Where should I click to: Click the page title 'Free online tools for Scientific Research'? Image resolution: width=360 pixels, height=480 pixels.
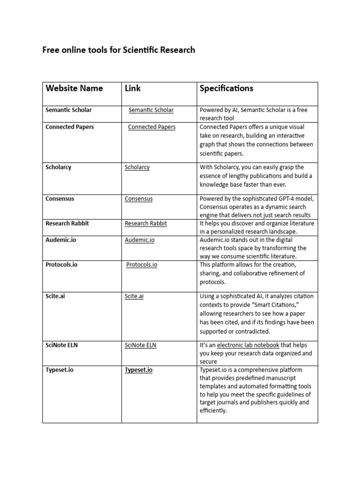[x=119, y=50]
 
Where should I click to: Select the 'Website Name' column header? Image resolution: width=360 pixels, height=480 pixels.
[x=74, y=88]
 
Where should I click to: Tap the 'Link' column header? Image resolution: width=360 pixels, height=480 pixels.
[x=133, y=88]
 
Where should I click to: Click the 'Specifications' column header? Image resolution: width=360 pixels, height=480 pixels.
[x=226, y=88]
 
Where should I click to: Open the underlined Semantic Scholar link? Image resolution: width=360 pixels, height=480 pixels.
[x=151, y=110]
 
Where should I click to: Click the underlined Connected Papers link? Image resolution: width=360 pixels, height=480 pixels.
[x=151, y=127]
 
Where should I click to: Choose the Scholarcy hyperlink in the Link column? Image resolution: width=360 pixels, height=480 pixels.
[x=137, y=167]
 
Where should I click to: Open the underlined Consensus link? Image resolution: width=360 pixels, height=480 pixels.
[x=138, y=199]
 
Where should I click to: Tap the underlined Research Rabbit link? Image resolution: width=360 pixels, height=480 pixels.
[x=145, y=224]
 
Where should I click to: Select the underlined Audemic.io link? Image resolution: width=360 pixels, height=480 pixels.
[x=139, y=240]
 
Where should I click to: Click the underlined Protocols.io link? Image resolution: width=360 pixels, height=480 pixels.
[x=142, y=265]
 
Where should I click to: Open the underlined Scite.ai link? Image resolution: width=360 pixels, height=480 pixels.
[x=134, y=296]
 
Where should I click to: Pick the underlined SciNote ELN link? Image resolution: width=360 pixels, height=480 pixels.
[x=140, y=345]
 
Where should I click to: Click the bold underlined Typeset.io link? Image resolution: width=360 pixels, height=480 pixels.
[x=138, y=370]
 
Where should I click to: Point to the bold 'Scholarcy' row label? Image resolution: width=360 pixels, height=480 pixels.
[x=59, y=167]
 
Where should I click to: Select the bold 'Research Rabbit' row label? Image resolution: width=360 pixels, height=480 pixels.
[x=67, y=224]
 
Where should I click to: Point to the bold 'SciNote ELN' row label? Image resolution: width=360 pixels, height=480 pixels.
[x=62, y=345]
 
